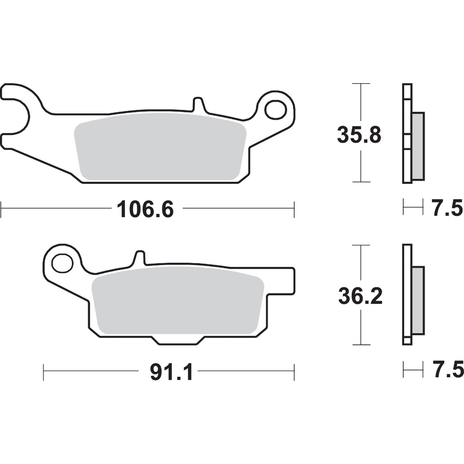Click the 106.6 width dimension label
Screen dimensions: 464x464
145,209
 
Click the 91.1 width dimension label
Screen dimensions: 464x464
171,373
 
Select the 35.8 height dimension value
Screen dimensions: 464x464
359,135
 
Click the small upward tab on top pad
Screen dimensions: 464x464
198,104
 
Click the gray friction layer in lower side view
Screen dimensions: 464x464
418,300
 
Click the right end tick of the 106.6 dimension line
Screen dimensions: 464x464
294,209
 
